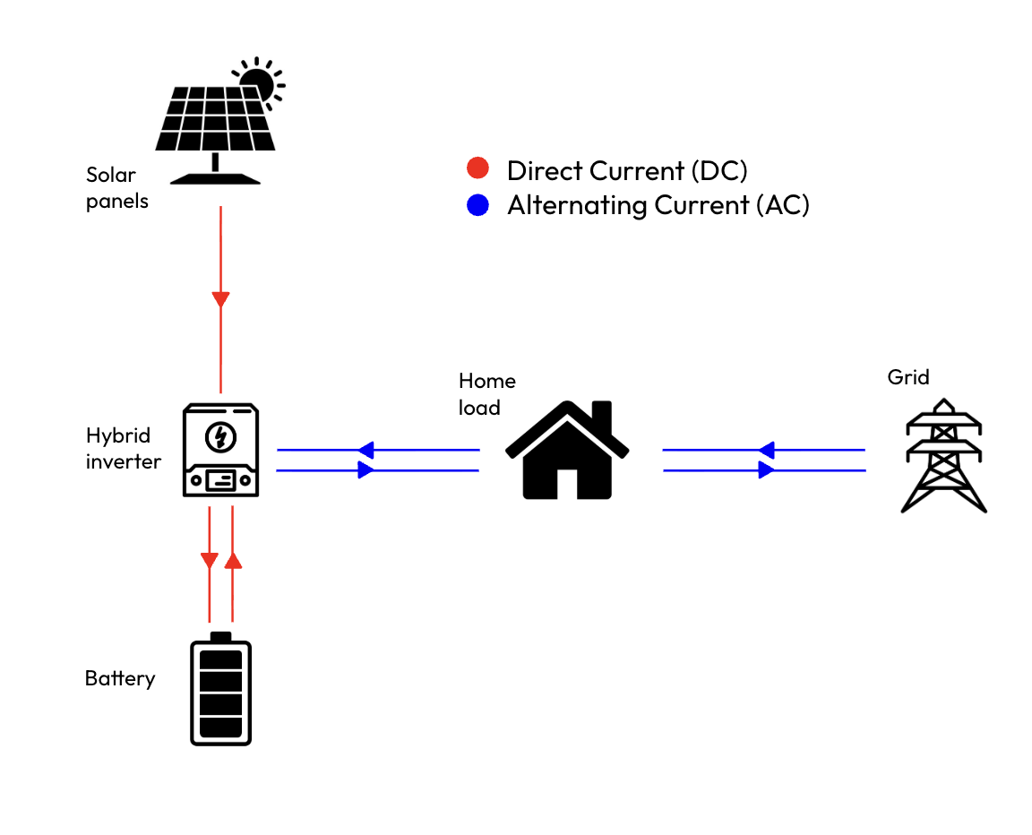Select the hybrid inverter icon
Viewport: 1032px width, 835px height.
tap(220, 449)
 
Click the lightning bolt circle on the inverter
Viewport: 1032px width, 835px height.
tap(219, 437)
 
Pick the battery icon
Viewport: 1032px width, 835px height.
tap(220, 689)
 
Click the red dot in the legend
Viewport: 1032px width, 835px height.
tap(477, 169)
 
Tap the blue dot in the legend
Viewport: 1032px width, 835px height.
tap(477, 205)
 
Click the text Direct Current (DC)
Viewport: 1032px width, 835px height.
tap(626, 170)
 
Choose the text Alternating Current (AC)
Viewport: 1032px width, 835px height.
tap(658, 205)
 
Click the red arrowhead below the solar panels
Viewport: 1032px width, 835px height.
tap(220, 298)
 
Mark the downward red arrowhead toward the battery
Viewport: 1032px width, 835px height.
tap(209, 561)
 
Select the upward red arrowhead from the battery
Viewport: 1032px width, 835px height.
tap(233, 560)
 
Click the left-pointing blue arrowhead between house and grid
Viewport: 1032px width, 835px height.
tap(766, 450)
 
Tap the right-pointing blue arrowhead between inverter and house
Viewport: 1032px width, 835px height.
tap(365, 469)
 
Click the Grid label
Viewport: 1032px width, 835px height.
tap(908, 376)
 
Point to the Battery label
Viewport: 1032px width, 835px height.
tap(120, 678)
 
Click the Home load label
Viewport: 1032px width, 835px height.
tap(486, 393)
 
